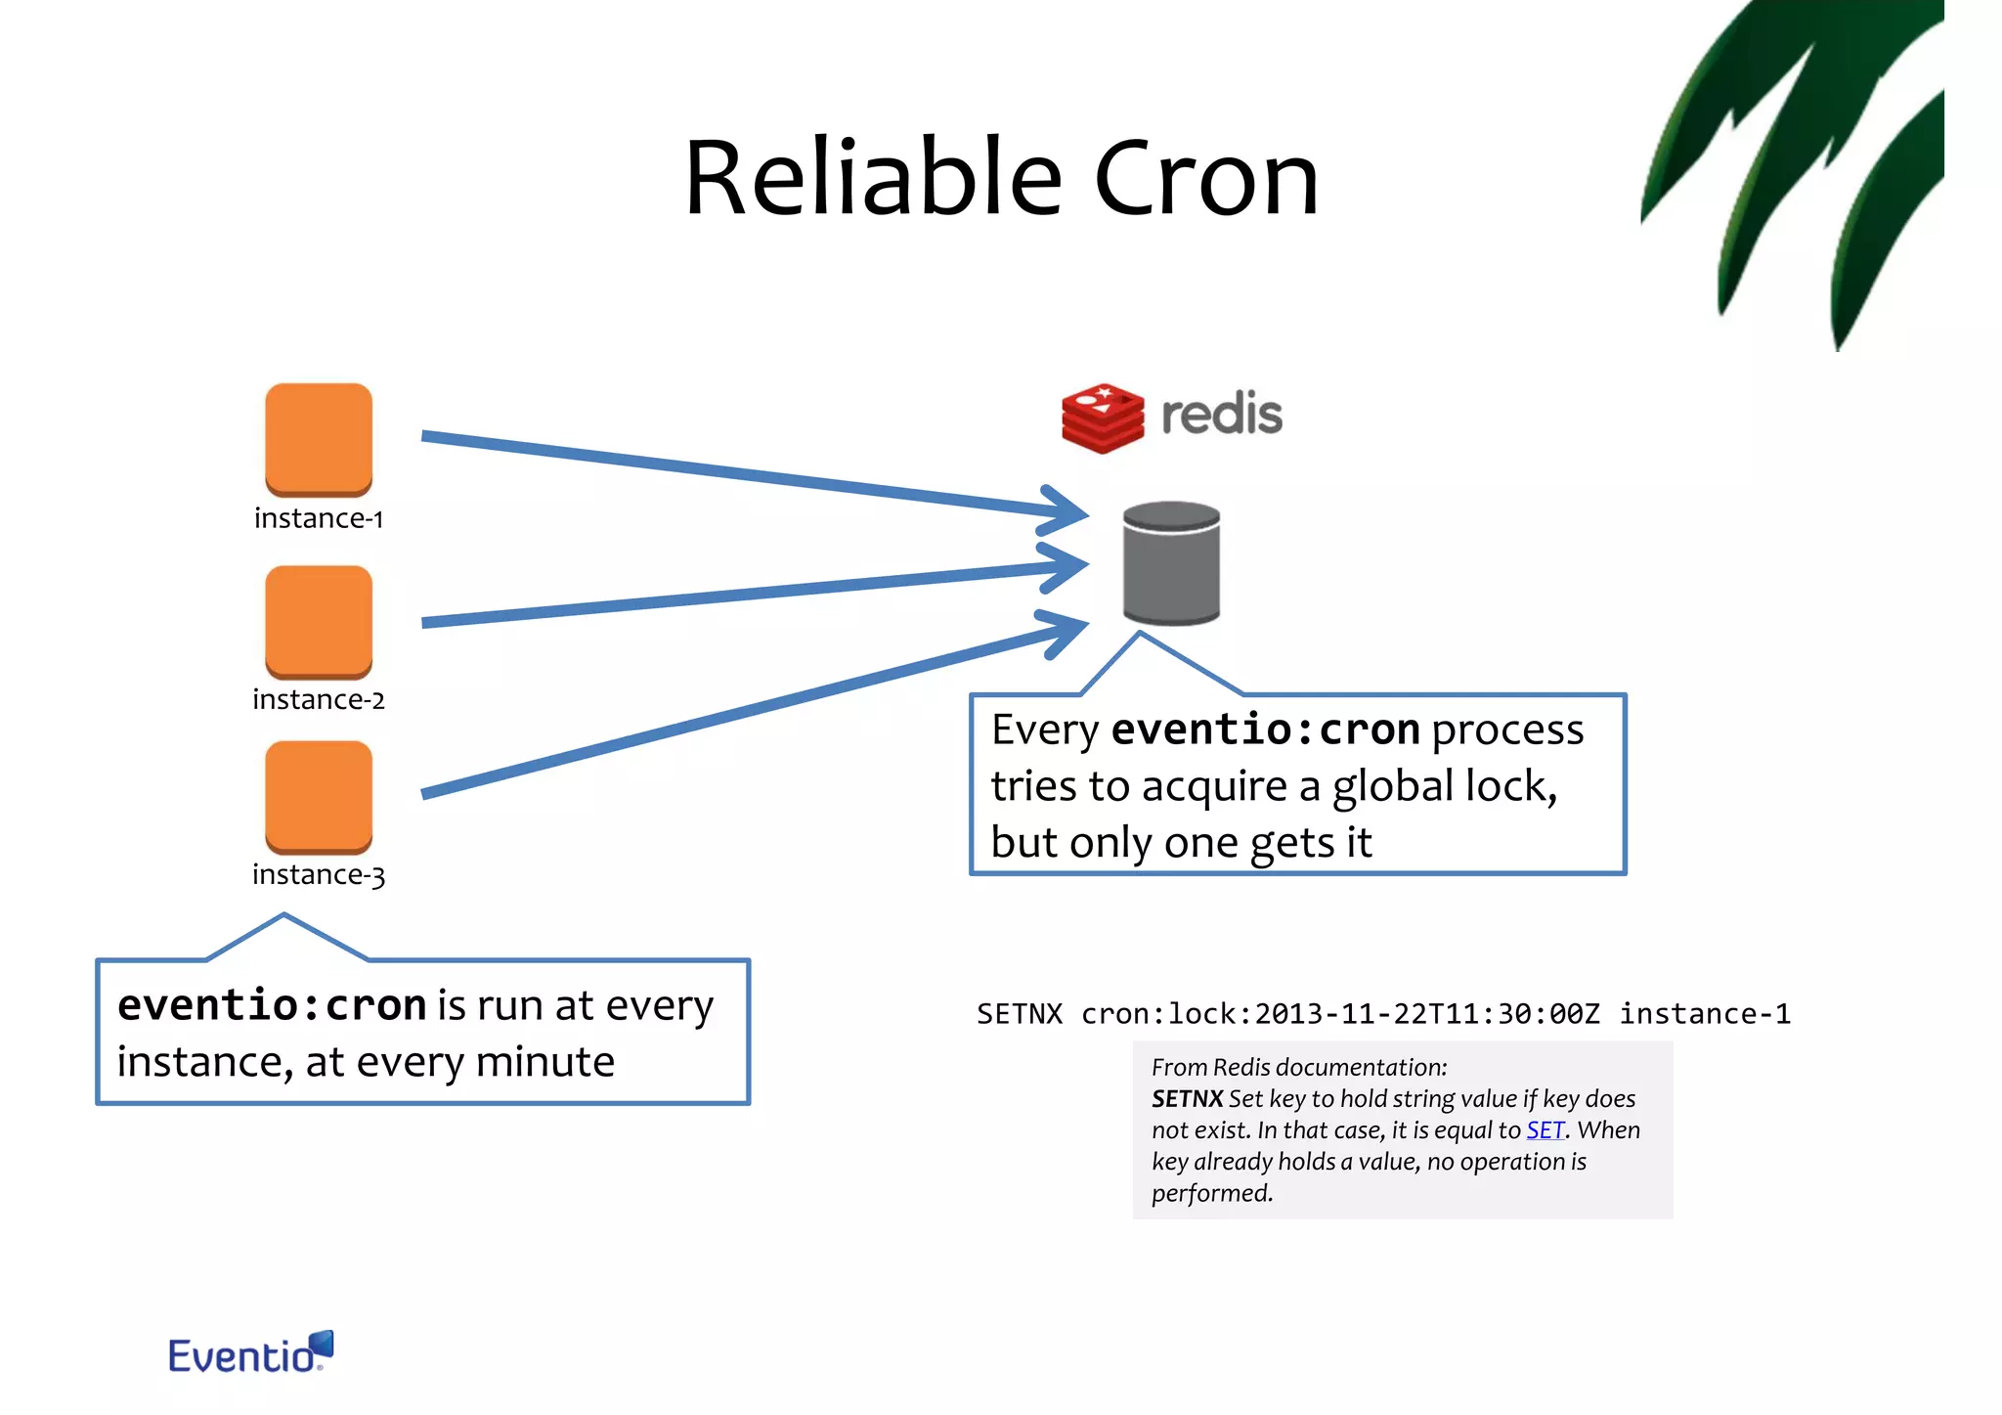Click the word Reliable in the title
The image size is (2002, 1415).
click(873, 178)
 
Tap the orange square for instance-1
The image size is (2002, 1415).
click(319, 438)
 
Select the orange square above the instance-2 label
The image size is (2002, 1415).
click(319, 620)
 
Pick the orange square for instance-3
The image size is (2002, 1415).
click(319, 795)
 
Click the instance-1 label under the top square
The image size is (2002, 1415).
click(319, 518)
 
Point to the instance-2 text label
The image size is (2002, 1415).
click(319, 700)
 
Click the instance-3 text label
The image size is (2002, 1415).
click(319, 874)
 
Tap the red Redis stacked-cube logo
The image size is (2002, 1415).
click(1103, 418)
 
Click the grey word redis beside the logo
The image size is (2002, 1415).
click(1221, 415)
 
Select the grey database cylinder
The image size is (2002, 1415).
click(1171, 564)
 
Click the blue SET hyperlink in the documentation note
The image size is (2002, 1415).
click(1545, 1130)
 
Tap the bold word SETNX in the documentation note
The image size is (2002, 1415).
click(1187, 1099)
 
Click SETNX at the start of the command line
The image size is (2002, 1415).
click(1019, 1014)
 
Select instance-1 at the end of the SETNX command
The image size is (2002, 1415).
click(1705, 1014)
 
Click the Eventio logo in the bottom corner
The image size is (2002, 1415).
click(250, 1353)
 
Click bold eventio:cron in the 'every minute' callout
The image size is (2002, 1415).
click(272, 1005)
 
